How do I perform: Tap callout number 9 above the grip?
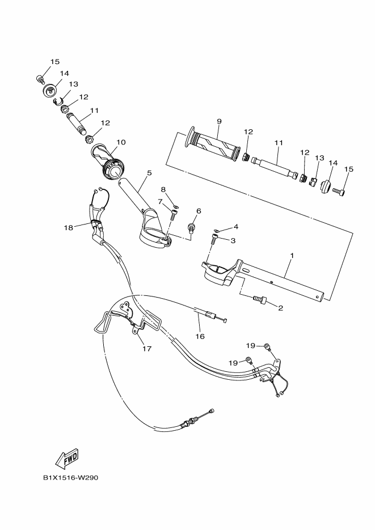(218, 121)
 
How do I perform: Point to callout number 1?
(292, 256)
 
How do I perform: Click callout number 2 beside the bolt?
(280, 308)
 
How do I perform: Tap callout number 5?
(150, 172)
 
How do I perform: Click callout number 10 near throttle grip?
(121, 142)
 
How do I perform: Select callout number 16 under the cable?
(200, 336)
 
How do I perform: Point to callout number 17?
(147, 349)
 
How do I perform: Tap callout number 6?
(199, 211)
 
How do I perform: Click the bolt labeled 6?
(191, 228)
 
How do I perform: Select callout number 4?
(235, 227)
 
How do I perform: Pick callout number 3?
(233, 240)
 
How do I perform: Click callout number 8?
(163, 189)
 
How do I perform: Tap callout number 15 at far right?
(349, 168)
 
